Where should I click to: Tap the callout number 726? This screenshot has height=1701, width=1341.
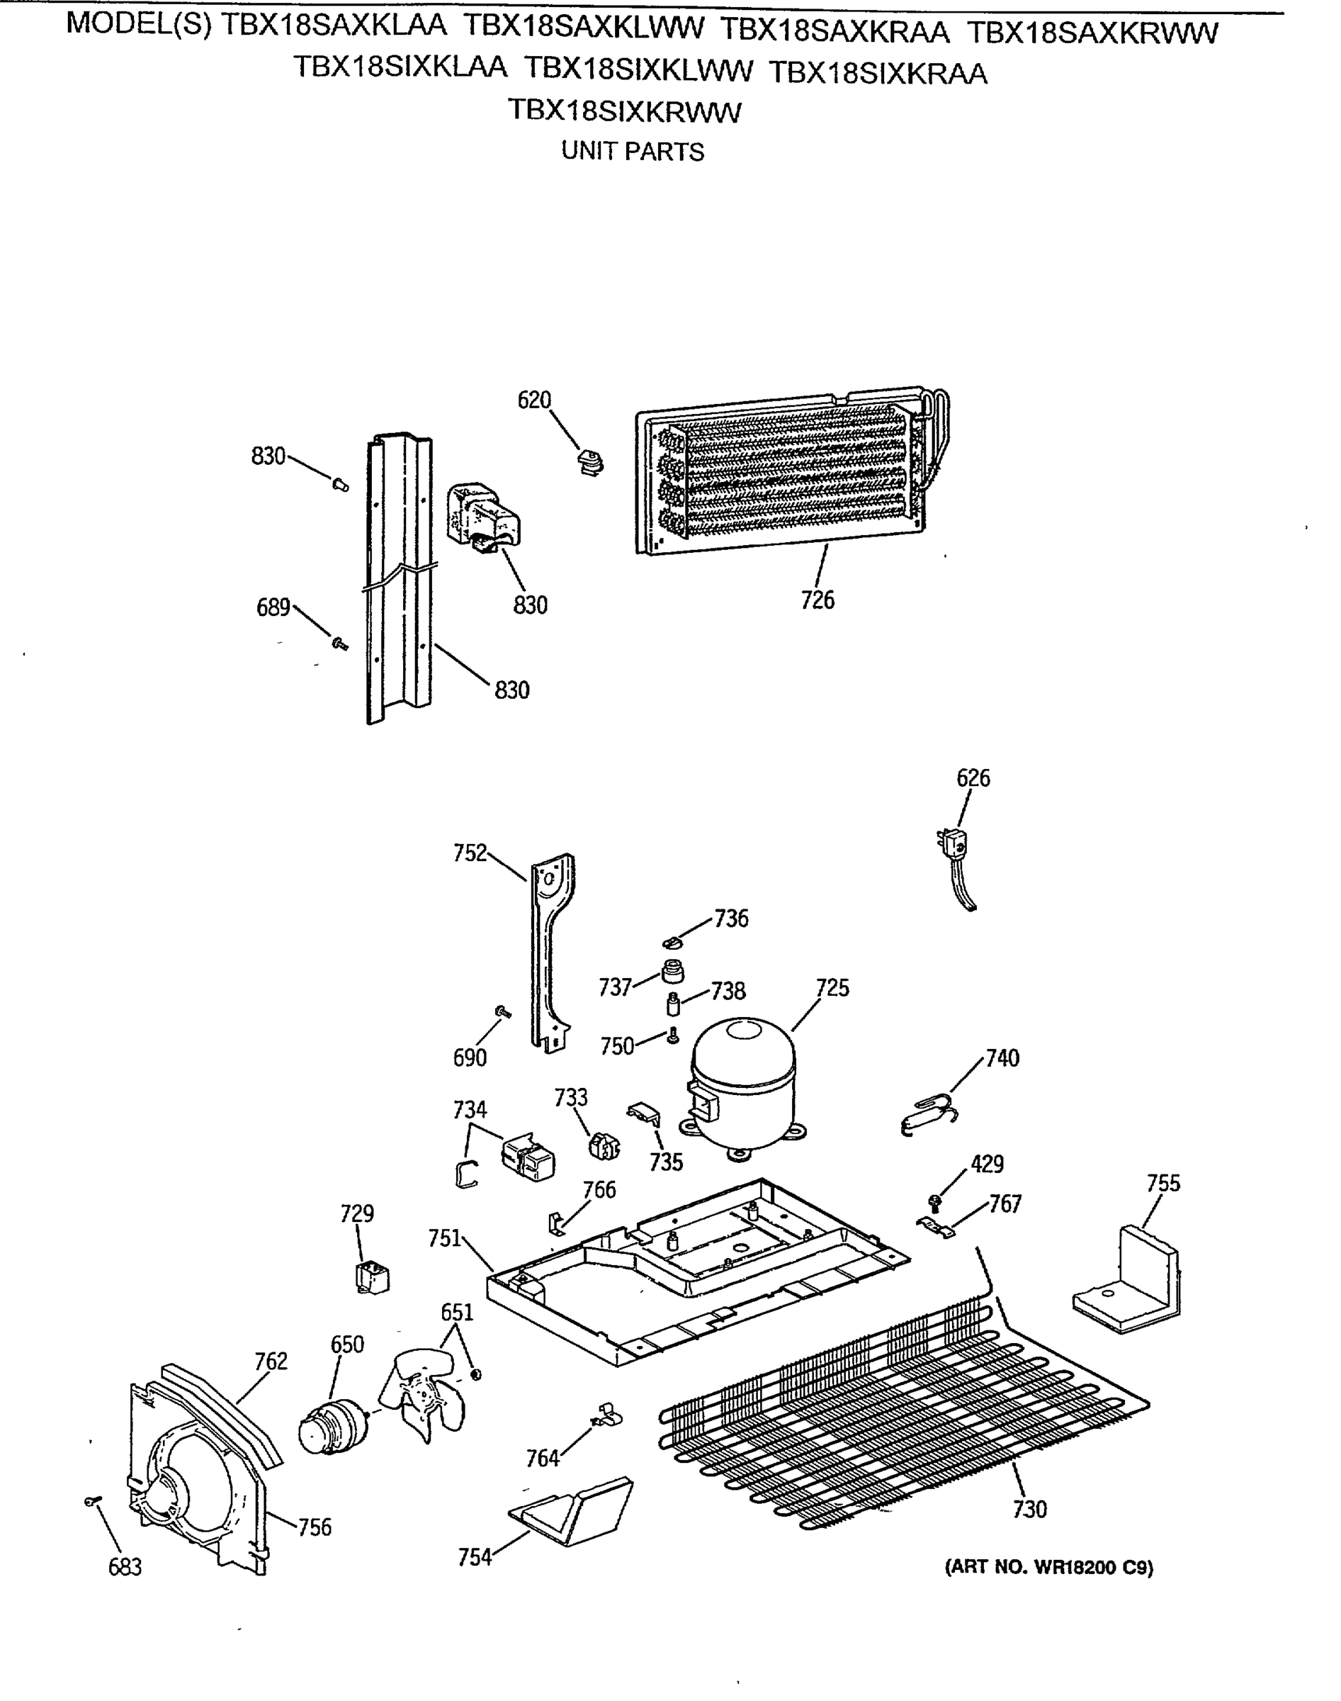[817, 600]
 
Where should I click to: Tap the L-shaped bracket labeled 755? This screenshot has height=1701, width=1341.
[1131, 1277]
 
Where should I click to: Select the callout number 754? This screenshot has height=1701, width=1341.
[475, 1556]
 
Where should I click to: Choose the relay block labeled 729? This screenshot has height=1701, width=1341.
[373, 1277]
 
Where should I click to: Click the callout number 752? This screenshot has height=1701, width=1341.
[470, 853]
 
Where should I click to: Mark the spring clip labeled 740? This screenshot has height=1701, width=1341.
[929, 1113]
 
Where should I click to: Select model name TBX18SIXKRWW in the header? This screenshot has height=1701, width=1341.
[624, 111]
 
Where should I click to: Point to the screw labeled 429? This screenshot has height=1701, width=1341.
[934, 1202]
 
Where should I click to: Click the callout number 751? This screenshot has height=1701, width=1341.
[444, 1238]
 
